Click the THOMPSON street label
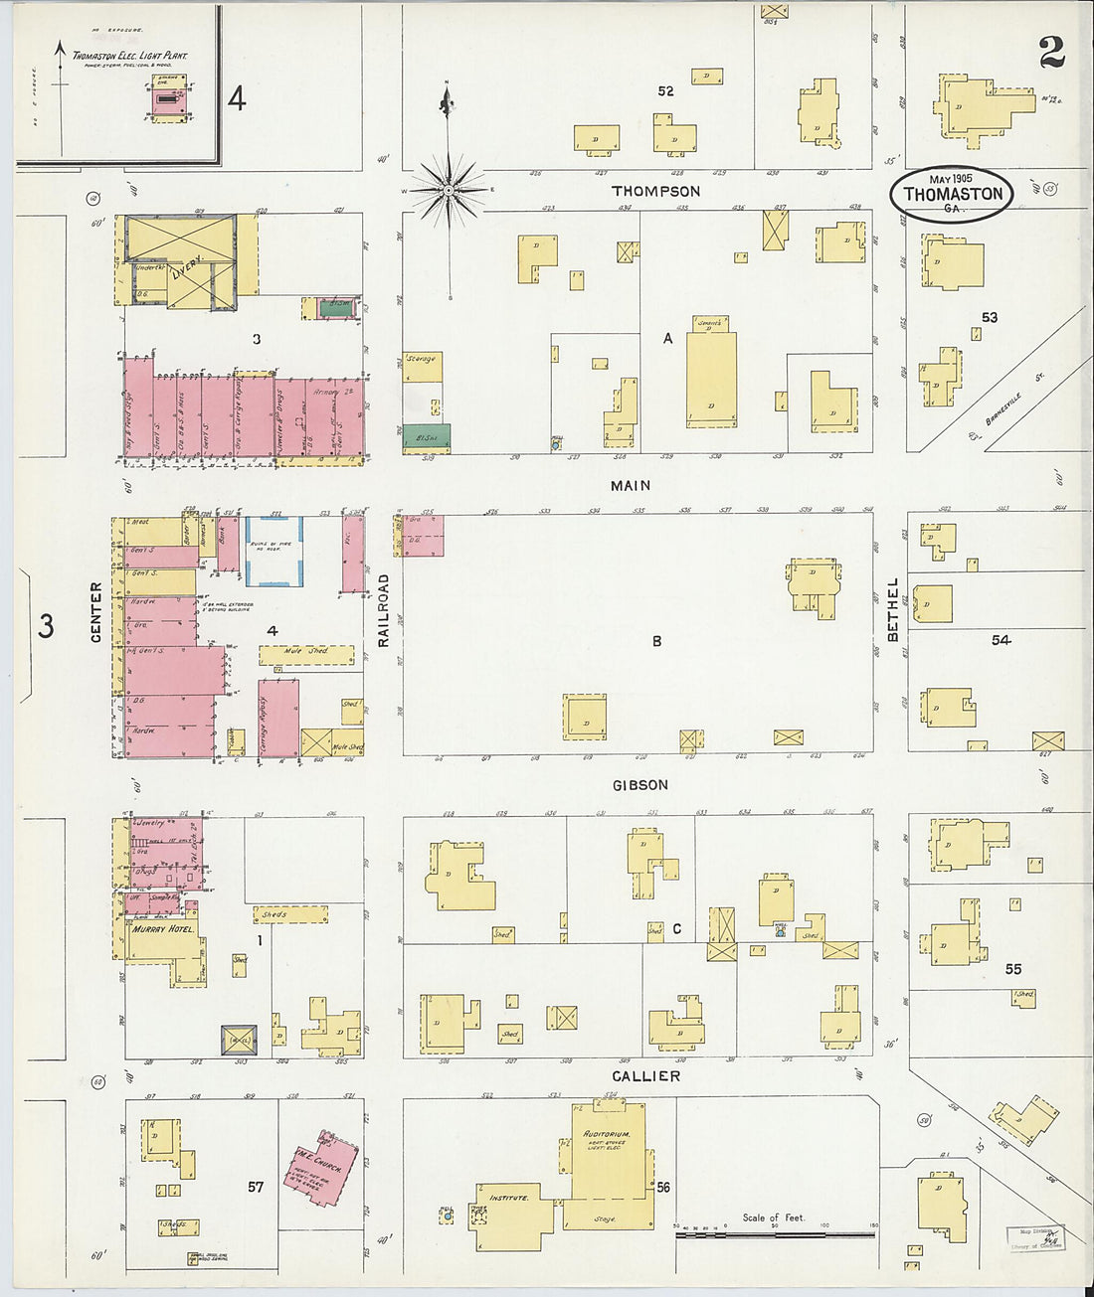point(655,191)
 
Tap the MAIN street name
point(631,485)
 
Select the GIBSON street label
point(639,785)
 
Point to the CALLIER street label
point(646,1076)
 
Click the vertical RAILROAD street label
point(383,610)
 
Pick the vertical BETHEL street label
point(892,609)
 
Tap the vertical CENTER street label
point(96,611)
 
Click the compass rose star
point(449,188)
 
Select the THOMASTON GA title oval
point(952,194)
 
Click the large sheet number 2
point(1051,53)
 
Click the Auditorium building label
point(607,1134)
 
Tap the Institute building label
point(508,1198)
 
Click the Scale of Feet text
point(774,1217)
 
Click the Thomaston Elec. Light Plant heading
point(129,57)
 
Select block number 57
point(256,1187)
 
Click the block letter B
point(656,641)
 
